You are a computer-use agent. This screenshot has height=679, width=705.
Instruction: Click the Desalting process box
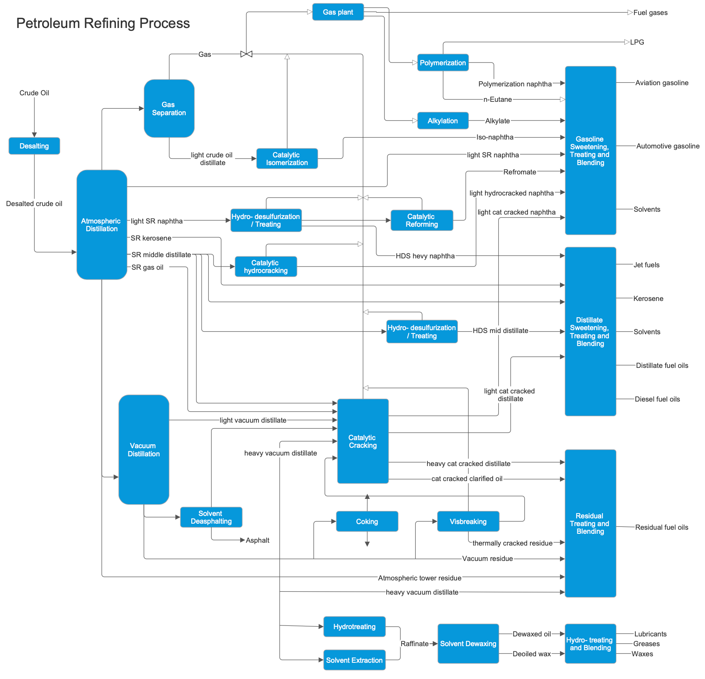(x=34, y=146)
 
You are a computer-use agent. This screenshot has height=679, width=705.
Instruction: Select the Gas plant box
(x=338, y=12)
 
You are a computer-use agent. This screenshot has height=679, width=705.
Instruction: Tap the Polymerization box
(x=442, y=63)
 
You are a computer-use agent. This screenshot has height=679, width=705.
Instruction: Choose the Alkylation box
(x=442, y=121)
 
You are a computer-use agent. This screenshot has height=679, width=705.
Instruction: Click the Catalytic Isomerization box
(x=287, y=159)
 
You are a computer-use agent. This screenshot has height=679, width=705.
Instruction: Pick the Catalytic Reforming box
(x=421, y=220)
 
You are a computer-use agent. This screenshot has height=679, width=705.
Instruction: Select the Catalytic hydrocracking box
(x=266, y=266)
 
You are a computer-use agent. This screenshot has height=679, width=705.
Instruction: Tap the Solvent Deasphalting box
(x=211, y=517)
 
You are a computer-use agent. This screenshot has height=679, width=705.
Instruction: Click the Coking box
(x=367, y=522)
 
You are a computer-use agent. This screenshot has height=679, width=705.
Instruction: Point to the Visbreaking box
(x=468, y=522)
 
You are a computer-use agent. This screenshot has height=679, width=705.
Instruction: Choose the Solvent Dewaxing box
(x=468, y=644)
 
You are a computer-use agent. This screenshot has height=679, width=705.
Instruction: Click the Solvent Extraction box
(x=354, y=660)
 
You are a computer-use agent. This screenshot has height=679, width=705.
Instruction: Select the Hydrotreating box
(x=354, y=627)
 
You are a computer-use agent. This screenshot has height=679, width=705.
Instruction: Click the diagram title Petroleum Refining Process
(x=103, y=24)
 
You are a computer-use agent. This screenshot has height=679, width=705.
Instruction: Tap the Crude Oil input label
(x=34, y=93)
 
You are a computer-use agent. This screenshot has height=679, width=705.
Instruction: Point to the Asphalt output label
(x=257, y=540)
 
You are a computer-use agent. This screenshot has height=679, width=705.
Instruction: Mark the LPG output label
(x=637, y=42)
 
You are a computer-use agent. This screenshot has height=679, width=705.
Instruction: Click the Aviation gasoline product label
(x=662, y=83)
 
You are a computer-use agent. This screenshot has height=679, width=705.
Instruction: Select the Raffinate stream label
(x=414, y=644)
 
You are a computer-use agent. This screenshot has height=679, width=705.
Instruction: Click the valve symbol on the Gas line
(x=246, y=54)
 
